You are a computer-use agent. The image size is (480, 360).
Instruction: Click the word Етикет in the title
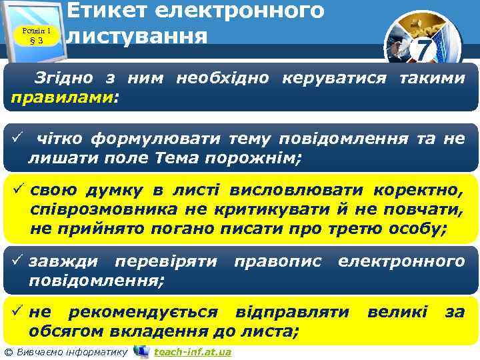coord(119,10)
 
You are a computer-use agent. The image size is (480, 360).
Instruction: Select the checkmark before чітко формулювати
coord(17,138)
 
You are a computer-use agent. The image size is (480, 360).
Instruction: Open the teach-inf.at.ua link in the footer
coord(192,351)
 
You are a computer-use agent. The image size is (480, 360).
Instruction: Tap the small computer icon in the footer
coord(141,351)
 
